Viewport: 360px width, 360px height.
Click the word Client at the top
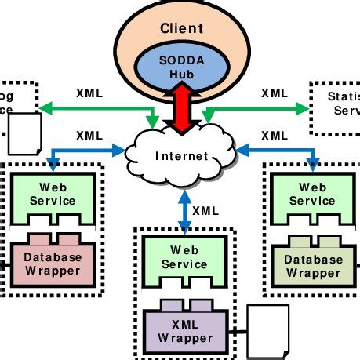point(181,28)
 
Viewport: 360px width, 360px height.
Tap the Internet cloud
point(181,156)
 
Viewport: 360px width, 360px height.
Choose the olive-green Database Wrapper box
point(313,265)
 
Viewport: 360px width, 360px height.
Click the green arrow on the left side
point(94,107)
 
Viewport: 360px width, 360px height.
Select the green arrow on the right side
point(259,107)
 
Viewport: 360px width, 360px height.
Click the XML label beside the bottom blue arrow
point(205,210)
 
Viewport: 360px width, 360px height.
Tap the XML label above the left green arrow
point(89,93)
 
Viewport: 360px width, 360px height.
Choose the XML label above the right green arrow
point(274,93)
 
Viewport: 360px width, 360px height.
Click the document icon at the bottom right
point(268,329)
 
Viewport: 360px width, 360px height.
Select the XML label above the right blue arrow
point(274,135)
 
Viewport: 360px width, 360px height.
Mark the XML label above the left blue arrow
point(89,135)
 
